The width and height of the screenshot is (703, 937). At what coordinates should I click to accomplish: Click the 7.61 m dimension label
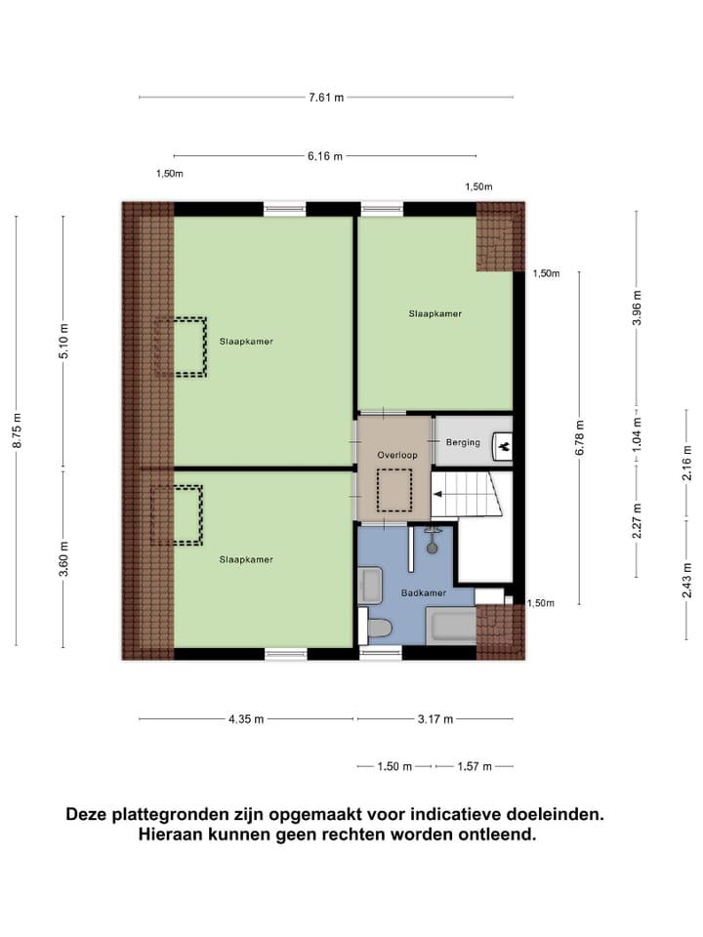click(x=326, y=98)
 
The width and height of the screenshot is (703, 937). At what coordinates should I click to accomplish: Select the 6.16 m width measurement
click(x=326, y=156)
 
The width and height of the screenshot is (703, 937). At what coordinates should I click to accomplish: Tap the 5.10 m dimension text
click(x=63, y=342)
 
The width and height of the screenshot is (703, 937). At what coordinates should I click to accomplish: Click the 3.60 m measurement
click(x=63, y=559)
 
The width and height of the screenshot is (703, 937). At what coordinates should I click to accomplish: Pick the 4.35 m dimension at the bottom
click(x=245, y=719)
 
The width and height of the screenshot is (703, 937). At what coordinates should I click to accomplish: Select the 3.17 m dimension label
click(x=434, y=719)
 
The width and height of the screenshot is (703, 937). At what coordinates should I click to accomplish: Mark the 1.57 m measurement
click(x=475, y=766)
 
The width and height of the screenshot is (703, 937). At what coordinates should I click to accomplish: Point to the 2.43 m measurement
click(x=687, y=580)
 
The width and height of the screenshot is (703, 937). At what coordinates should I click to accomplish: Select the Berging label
click(x=463, y=442)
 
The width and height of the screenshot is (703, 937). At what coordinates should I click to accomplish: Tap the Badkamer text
click(x=423, y=592)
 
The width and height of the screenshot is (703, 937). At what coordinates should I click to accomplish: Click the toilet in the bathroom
click(x=376, y=626)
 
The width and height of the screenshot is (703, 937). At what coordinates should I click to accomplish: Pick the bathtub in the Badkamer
click(x=451, y=626)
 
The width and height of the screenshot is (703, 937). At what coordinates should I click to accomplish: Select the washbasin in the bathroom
click(x=371, y=585)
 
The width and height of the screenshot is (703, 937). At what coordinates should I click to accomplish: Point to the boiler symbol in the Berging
click(x=504, y=445)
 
